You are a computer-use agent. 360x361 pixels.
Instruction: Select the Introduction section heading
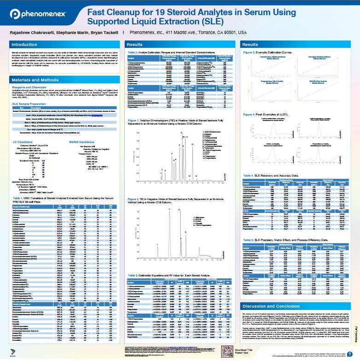click(24, 45)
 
